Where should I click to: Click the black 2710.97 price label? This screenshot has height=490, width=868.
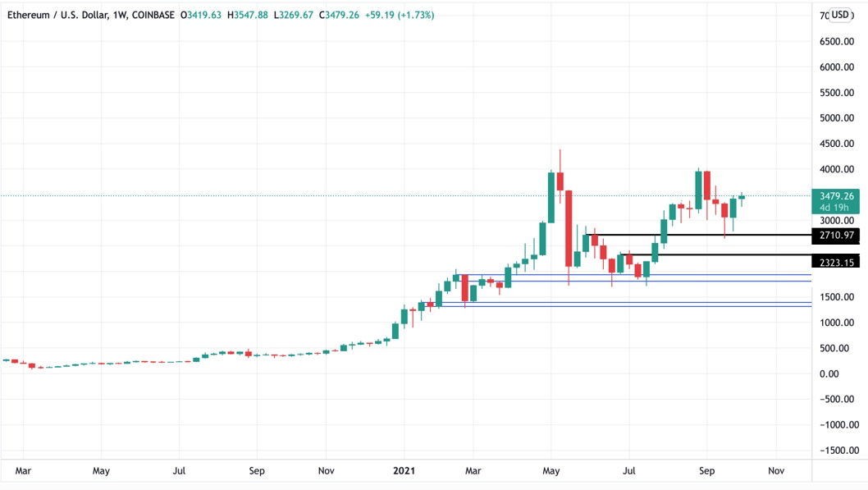834,236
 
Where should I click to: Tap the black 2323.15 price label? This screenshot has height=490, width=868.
834,263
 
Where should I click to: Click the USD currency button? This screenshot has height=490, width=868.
841,15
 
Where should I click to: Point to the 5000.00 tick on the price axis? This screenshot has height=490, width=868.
838,118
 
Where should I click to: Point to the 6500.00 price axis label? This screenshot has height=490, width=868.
838,42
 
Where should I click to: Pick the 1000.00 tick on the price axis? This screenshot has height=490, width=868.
838,323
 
